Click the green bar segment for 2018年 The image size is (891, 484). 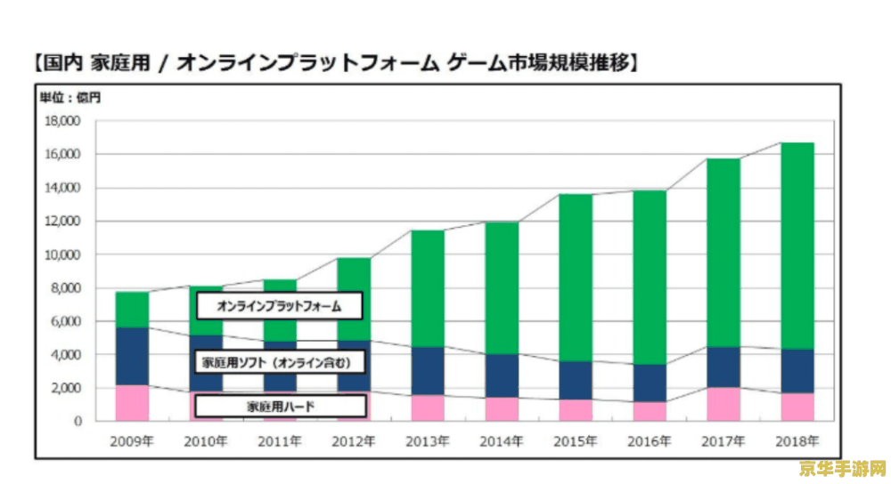coord(797,246)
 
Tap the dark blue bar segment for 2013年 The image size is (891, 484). coord(428,371)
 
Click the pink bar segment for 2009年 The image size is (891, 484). coord(132,403)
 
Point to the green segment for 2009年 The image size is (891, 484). coord(132,310)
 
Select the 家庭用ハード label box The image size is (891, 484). coord(280,407)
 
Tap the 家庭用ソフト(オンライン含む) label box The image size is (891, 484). coord(280,363)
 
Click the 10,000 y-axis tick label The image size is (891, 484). coord(62,254)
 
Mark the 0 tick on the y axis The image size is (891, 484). coord(78,421)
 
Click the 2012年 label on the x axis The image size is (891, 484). coord(354,440)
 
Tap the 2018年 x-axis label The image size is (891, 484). coord(797,440)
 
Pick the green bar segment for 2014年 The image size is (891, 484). coord(502,288)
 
